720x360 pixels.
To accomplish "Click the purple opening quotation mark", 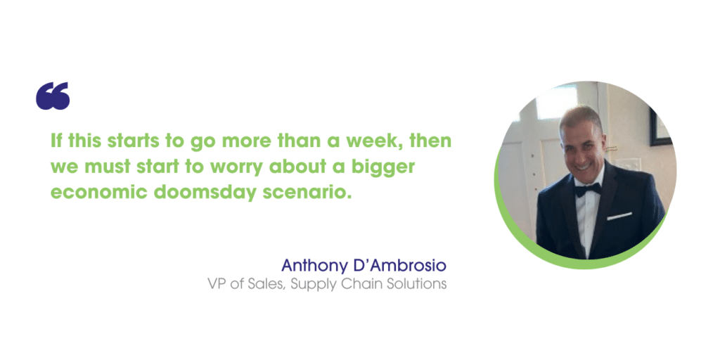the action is [53, 96].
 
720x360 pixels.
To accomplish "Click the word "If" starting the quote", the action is [56, 141].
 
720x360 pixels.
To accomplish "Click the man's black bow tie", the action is [588, 189].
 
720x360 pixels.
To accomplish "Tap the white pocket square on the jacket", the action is [619, 216].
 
